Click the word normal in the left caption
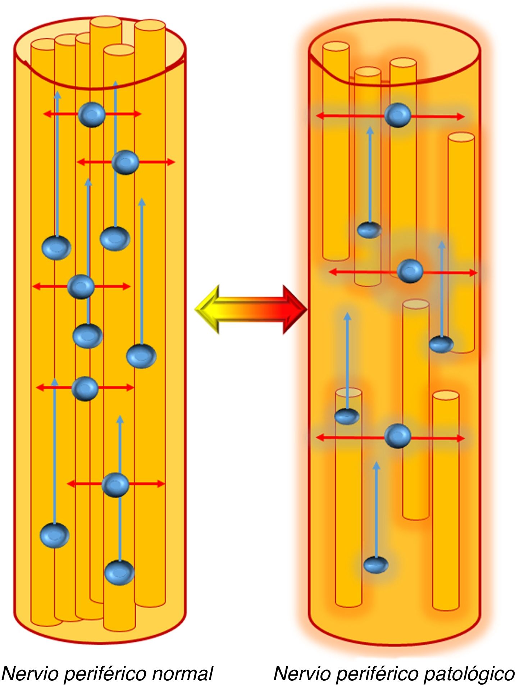(x=182, y=673)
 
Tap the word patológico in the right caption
(x=469, y=673)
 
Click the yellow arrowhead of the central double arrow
(x=205, y=309)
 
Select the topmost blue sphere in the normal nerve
(x=92, y=115)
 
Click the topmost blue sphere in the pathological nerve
(x=397, y=115)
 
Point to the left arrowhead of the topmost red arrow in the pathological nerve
(x=320, y=115)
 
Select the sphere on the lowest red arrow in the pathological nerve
(x=397, y=436)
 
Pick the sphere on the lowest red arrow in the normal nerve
(x=115, y=485)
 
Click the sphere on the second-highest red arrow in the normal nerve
(x=125, y=163)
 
